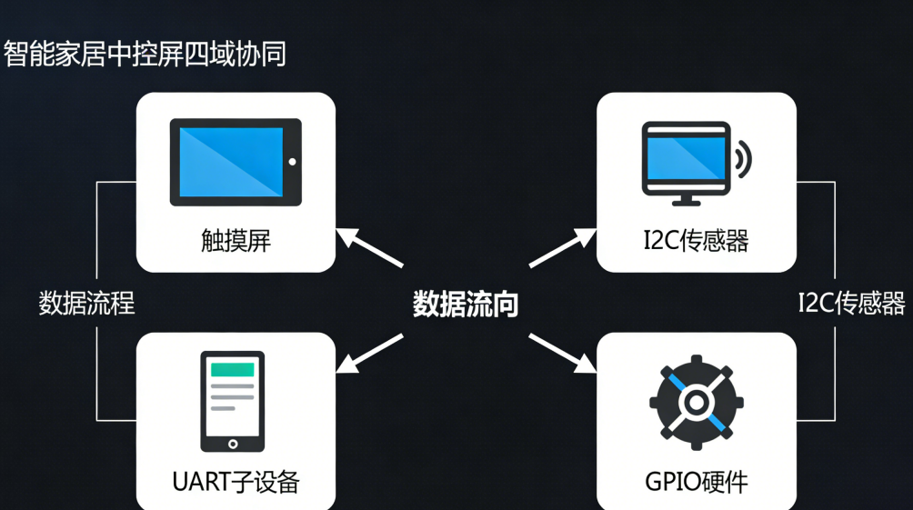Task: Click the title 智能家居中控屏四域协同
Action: (145, 54)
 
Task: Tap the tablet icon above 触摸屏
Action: (236, 162)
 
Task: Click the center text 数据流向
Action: (466, 304)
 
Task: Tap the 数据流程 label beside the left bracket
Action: (86, 303)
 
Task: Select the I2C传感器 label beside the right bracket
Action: (851, 303)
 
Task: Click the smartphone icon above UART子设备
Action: (233, 401)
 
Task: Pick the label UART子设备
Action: (236, 481)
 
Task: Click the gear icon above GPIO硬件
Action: (696, 401)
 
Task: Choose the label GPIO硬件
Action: (696, 481)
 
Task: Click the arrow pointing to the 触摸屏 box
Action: (369, 247)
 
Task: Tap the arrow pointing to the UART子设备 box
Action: (369, 353)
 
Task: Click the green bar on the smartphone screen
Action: (233, 369)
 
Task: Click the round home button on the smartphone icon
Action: (233, 444)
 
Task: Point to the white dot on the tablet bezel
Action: (292, 162)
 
